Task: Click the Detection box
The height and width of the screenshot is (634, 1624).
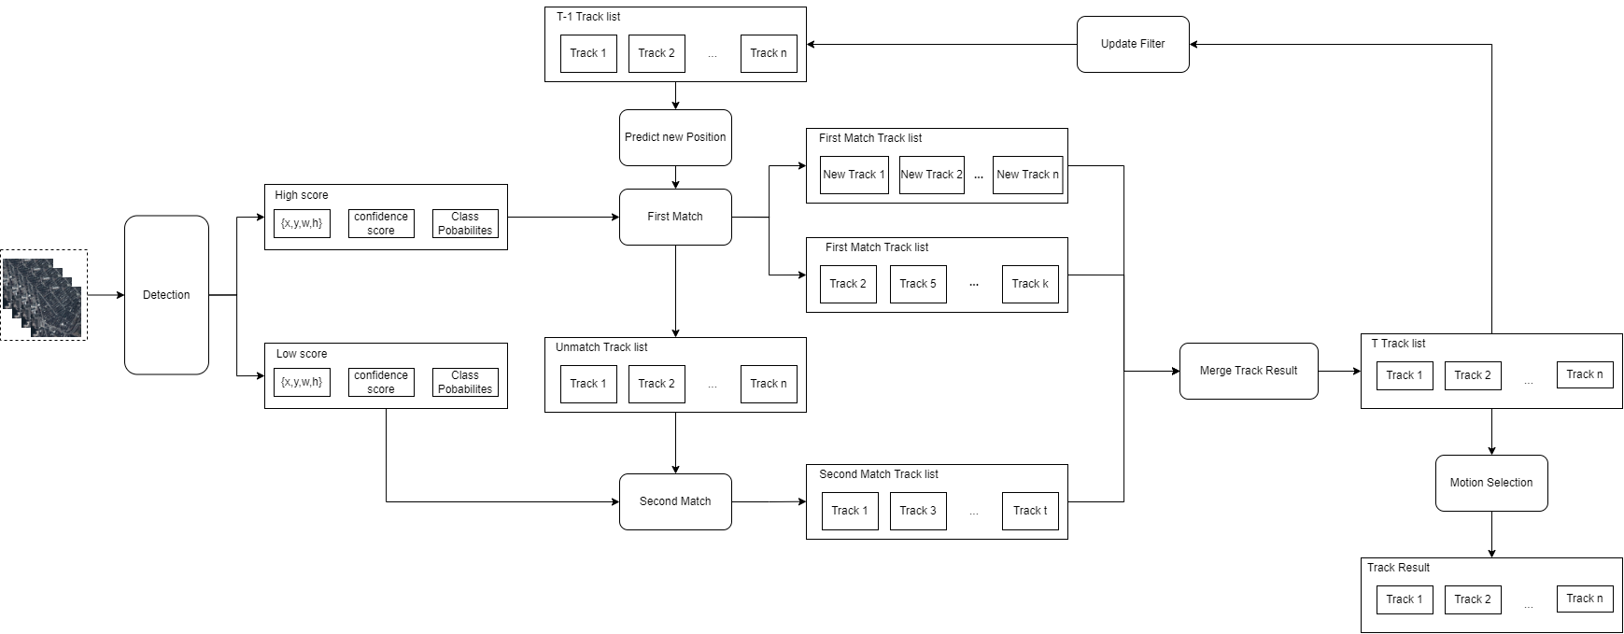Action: coord(166,295)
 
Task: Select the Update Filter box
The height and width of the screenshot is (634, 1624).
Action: coord(1132,44)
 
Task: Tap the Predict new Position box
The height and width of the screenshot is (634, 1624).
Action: coord(675,137)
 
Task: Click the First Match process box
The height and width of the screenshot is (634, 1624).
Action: coord(675,217)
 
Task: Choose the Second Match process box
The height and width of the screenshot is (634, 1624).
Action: coord(675,501)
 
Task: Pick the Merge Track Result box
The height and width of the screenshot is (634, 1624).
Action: coord(1249,371)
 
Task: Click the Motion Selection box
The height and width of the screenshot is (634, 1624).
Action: coord(1490,483)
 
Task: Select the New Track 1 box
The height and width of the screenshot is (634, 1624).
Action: coord(854,175)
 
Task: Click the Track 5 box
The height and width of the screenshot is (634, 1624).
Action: coord(918,284)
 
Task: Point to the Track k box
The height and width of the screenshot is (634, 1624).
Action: coord(1030,284)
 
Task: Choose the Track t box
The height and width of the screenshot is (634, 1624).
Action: coord(1030,511)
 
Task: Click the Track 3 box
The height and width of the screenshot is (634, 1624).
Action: coord(918,511)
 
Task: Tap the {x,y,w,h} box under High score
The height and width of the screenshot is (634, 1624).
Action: coord(302,223)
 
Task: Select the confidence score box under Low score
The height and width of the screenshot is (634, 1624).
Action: coord(381,382)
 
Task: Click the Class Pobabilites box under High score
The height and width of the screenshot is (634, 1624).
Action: coord(465,223)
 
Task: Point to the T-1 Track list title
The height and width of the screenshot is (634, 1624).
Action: coord(588,17)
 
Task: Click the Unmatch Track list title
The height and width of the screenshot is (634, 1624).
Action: coord(601,347)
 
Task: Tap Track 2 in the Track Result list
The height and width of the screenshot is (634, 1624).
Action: coord(1473,599)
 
